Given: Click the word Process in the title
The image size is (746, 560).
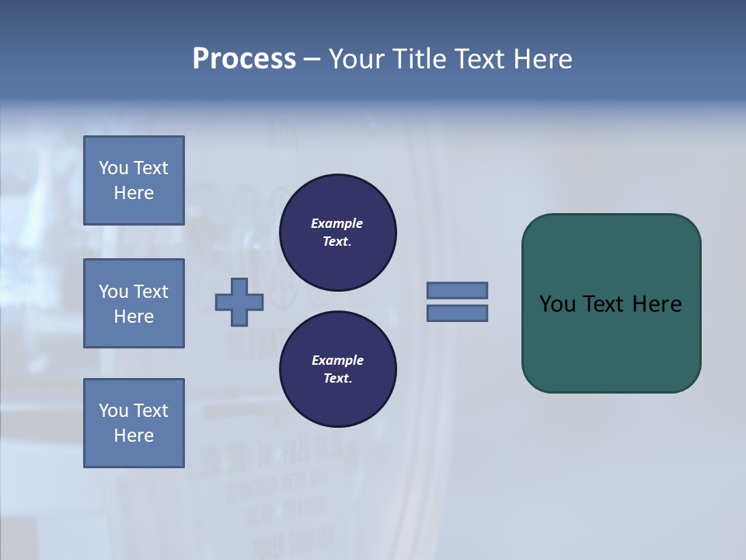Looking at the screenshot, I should pos(244,59).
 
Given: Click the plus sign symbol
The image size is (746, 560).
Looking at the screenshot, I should pos(239,302).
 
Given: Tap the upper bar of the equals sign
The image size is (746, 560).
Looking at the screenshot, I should pos(457,290).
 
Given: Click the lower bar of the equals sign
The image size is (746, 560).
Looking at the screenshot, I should pos(457,313).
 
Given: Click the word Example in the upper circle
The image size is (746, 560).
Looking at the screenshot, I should pos(336,223).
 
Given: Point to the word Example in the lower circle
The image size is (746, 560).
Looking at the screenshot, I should pos(336,360).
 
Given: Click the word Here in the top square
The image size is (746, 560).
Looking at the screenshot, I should pos(134,193).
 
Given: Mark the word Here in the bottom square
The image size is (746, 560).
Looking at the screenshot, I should pos(134,436).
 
